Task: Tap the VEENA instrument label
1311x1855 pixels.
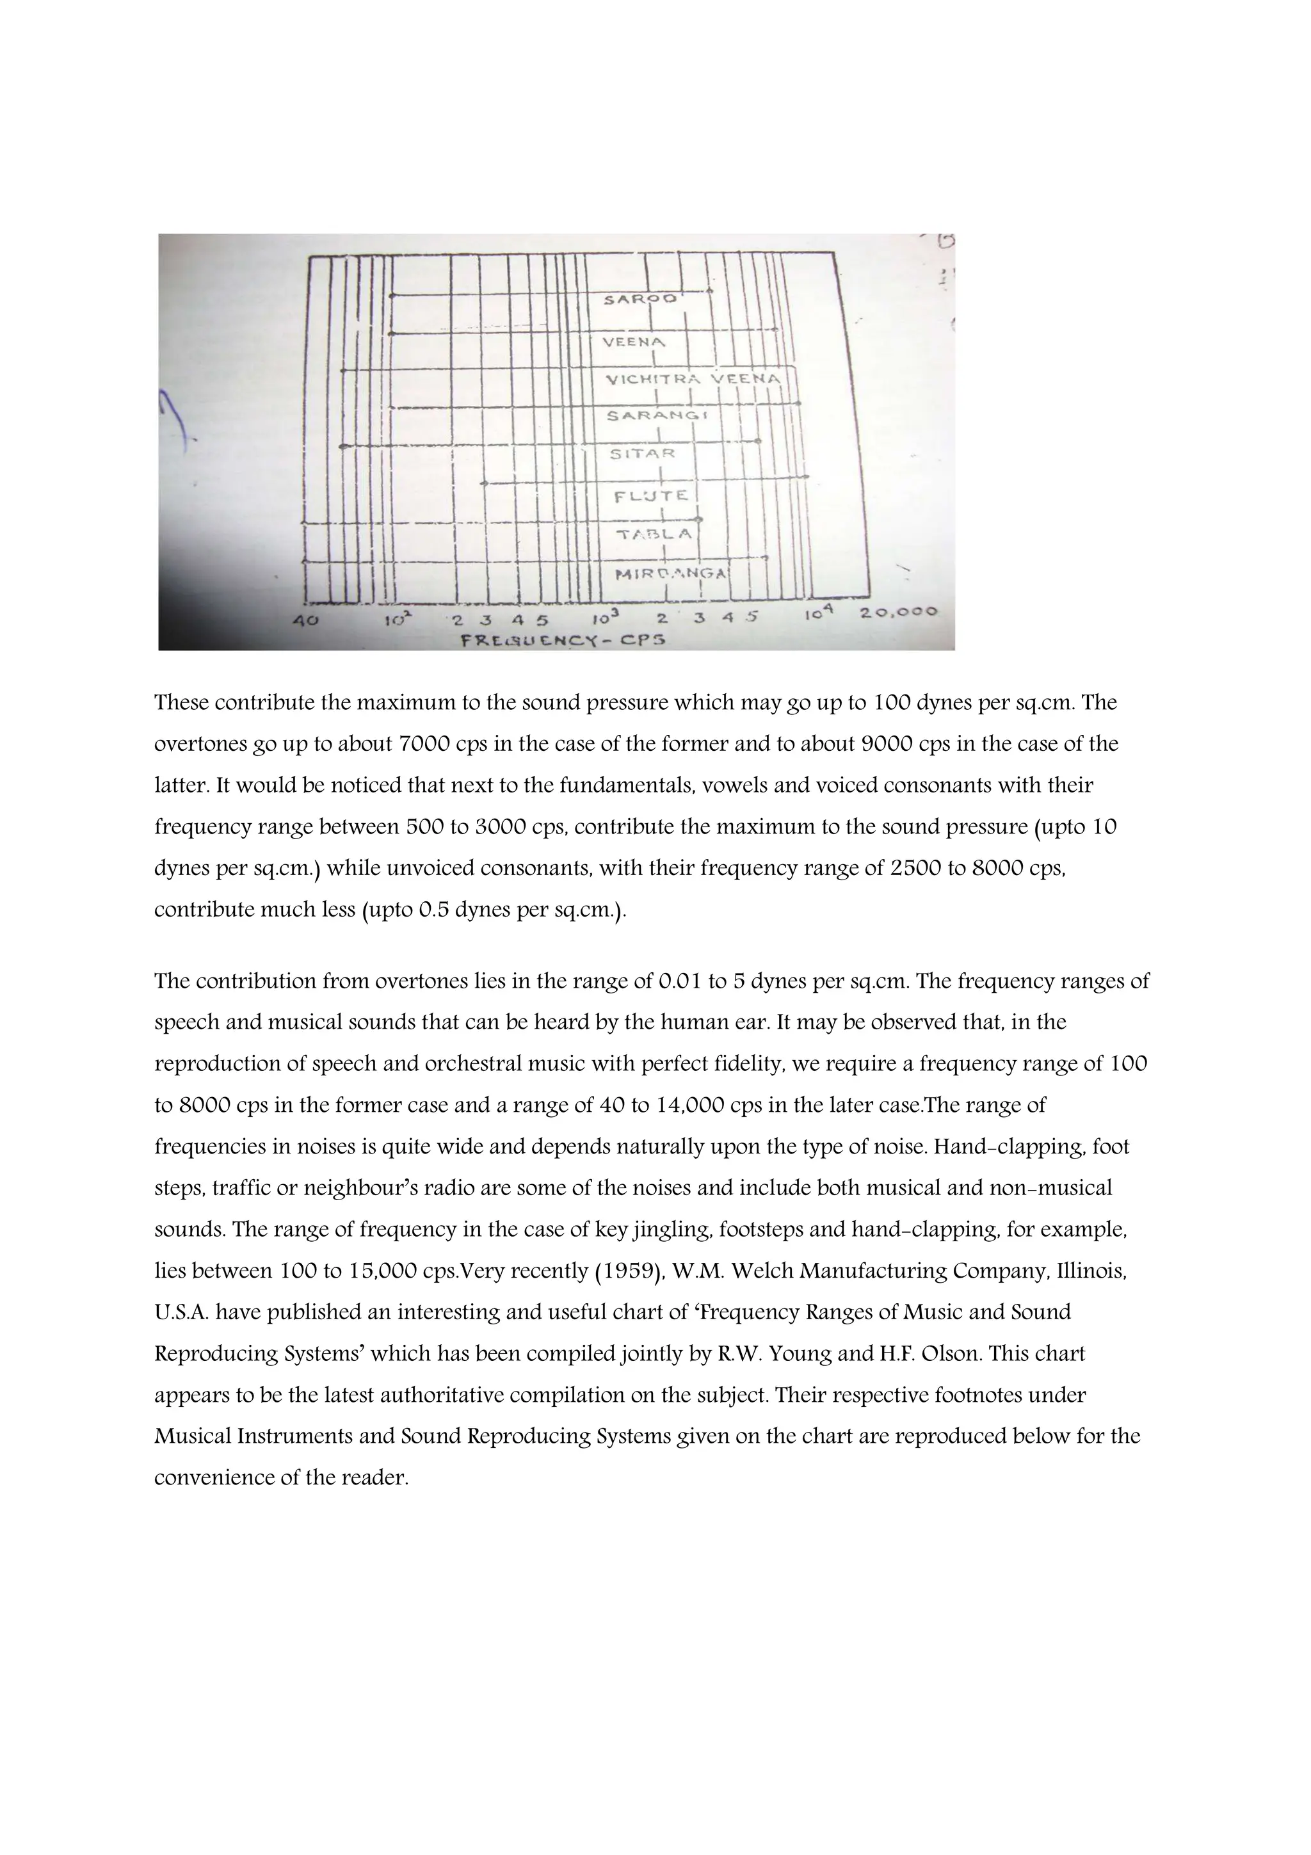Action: pos(634,342)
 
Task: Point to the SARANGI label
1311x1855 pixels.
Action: pos(656,415)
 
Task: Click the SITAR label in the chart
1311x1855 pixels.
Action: pos(642,454)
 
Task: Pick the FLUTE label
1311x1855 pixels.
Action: pos(651,496)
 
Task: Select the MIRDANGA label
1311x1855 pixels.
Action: pos(670,574)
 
